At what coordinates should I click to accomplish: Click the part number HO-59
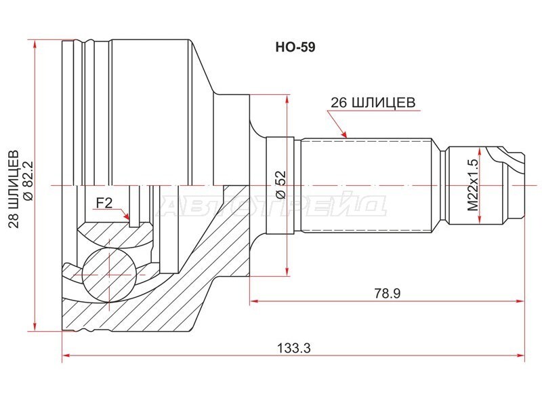[295, 47]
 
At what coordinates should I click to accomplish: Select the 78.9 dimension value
[387, 294]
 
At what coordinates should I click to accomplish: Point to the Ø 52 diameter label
[281, 184]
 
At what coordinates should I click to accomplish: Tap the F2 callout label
[104, 203]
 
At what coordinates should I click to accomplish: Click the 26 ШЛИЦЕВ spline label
[373, 103]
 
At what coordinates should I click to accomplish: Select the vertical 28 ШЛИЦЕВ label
[14, 189]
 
